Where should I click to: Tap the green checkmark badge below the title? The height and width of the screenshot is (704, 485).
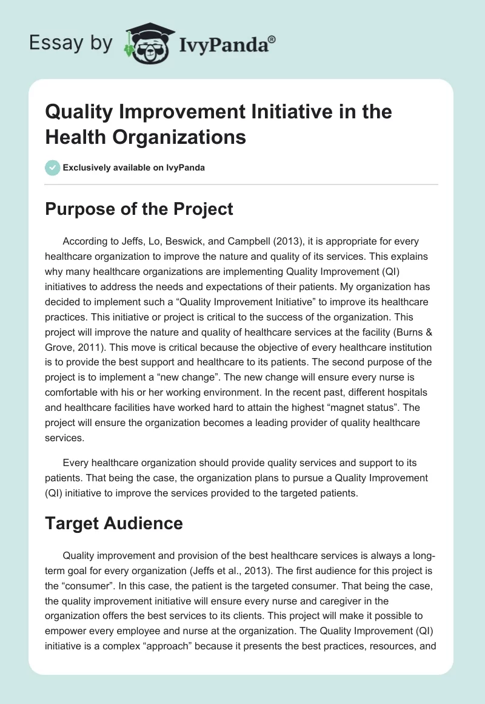click(x=53, y=168)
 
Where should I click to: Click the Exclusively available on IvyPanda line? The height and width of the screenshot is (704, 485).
click(x=134, y=168)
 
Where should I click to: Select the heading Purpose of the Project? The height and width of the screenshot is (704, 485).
click(x=139, y=209)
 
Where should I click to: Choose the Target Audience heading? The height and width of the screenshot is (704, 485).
click(x=114, y=523)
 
